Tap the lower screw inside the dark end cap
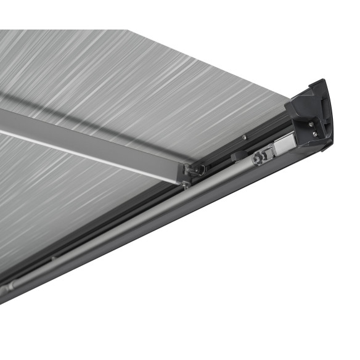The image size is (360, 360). [315, 134]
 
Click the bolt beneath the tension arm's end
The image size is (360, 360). [186, 183]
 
